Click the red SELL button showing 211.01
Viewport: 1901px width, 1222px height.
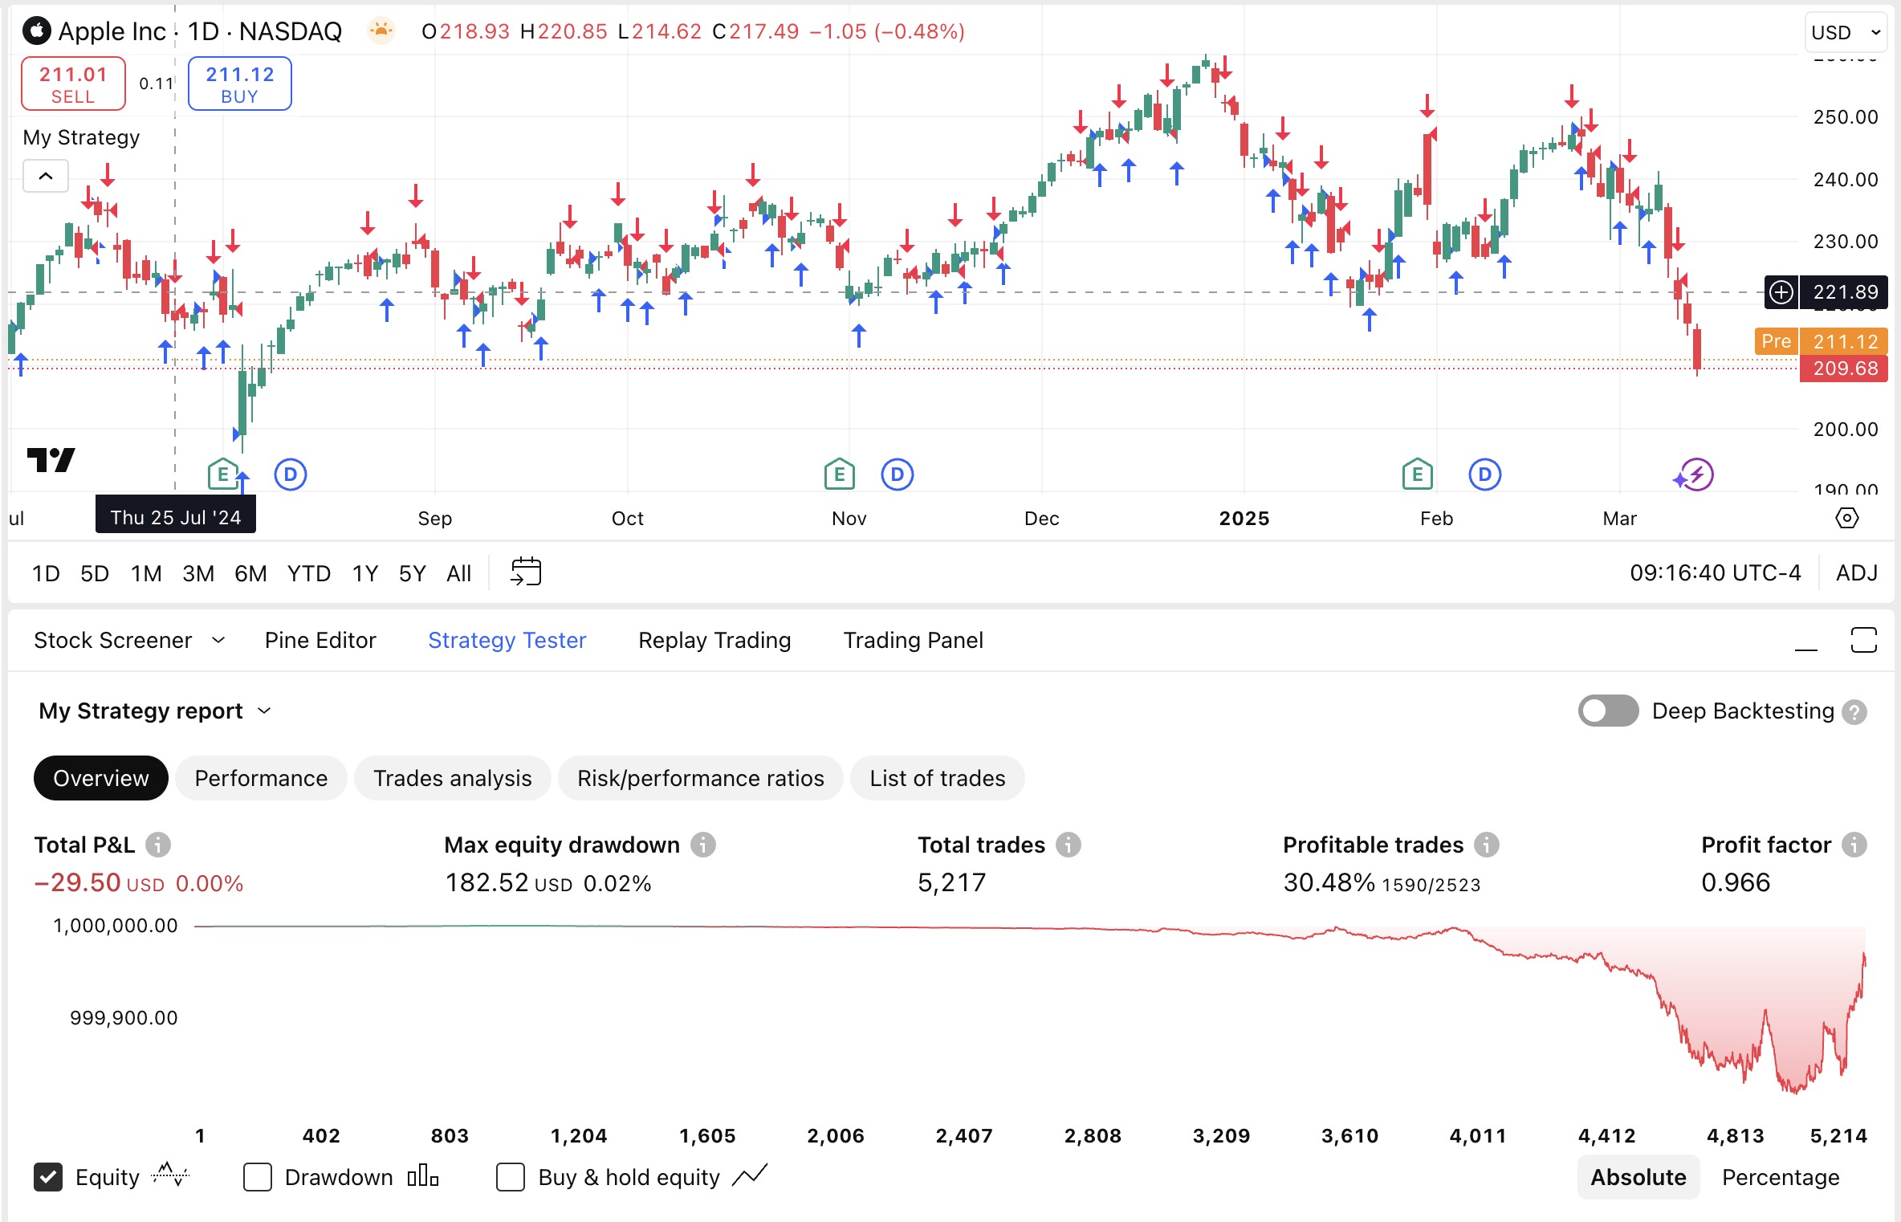click(73, 84)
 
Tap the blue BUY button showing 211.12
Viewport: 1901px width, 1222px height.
click(239, 84)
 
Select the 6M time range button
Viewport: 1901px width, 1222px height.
click(250, 573)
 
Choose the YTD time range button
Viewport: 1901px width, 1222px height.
click(309, 573)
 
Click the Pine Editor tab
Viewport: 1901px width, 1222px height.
click(320, 640)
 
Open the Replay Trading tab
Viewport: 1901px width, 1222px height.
click(714, 640)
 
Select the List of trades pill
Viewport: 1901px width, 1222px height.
click(937, 778)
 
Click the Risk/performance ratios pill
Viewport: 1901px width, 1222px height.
click(700, 778)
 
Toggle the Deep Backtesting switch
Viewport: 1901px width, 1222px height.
click(1608, 711)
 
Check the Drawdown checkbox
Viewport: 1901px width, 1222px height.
click(258, 1177)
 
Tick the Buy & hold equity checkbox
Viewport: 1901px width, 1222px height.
click(511, 1177)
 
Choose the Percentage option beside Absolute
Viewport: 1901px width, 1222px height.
click(1781, 1177)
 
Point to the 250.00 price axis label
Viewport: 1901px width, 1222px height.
click(1846, 117)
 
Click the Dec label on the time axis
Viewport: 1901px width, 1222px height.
click(1041, 519)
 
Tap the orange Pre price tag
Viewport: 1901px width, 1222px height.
click(1776, 341)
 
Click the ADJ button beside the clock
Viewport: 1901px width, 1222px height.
click(1857, 573)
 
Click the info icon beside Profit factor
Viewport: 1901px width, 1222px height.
click(1854, 845)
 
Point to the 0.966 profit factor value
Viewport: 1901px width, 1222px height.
click(1736, 882)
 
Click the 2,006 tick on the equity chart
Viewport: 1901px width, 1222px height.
click(835, 1136)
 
